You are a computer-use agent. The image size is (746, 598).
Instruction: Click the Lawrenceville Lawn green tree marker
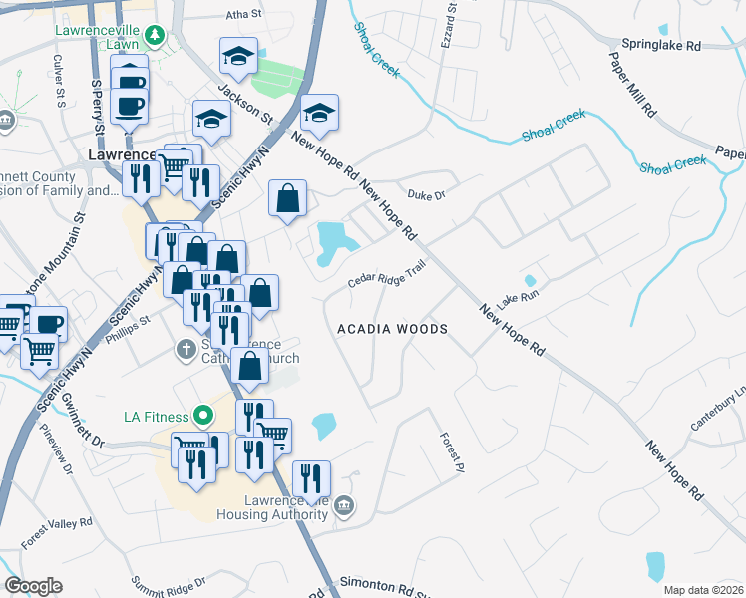(154, 37)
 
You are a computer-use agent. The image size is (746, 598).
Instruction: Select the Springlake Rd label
(661, 45)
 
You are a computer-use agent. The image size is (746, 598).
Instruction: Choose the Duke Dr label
(424, 195)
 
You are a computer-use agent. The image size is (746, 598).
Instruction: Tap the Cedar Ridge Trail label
(387, 277)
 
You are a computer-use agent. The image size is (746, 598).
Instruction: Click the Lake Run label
(519, 298)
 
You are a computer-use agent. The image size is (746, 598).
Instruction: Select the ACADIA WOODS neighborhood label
(392, 328)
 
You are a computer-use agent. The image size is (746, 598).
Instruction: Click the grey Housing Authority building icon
(344, 506)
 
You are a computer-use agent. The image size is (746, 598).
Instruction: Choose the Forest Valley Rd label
(57, 533)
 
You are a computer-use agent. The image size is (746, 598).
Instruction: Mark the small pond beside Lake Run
(530, 281)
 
